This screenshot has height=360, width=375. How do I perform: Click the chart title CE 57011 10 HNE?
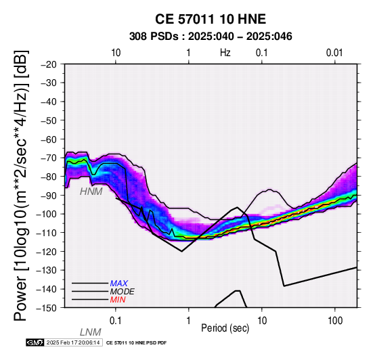tap(211, 19)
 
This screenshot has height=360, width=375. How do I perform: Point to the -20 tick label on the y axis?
tap(49, 64)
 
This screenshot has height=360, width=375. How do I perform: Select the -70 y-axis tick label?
tap(49, 158)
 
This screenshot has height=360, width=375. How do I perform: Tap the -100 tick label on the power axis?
tap(46, 214)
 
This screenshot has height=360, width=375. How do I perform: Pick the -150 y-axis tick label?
tap(46, 308)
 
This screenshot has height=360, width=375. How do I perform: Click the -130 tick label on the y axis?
tap(46, 271)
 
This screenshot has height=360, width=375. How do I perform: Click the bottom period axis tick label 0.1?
tap(116, 321)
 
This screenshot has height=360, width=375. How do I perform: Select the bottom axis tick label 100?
tap(335, 321)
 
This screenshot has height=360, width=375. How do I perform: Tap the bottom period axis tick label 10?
tap(262, 321)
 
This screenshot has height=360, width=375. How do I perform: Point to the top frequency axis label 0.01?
tap(334, 53)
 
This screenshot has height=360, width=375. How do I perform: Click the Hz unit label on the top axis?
tap(225, 53)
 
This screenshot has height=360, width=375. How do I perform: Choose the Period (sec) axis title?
tap(225, 328)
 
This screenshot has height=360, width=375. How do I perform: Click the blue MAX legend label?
tap(119, 284)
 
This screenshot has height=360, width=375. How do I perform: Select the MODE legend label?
tap(123, 292)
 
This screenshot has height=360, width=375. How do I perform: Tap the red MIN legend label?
tap(118, 300)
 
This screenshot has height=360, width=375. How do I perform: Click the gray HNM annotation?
tap(91, 192)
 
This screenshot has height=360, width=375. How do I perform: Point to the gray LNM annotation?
tap(91, 332)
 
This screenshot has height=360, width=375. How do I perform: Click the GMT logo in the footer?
tap(35, 343)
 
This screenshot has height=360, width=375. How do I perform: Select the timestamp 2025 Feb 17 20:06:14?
tap(73, 343)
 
